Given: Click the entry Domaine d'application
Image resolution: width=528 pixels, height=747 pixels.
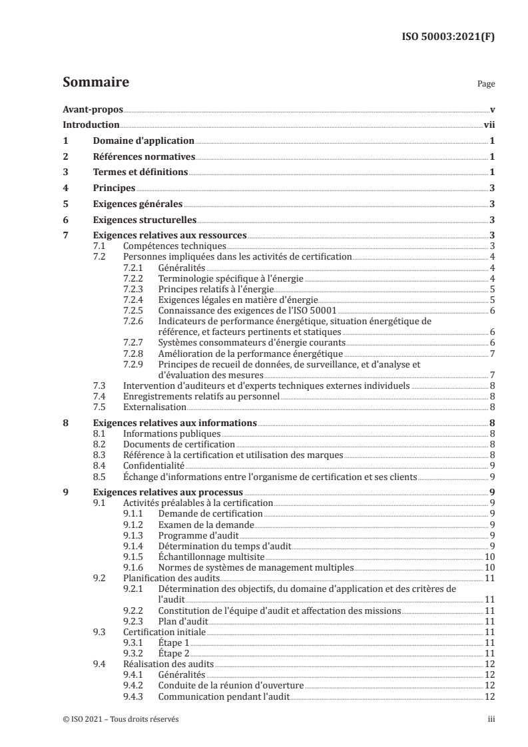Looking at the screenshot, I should pyautogui.click(x=143, y=140).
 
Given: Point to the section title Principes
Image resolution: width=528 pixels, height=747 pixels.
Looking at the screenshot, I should pyautogui.click(x=113, y=188).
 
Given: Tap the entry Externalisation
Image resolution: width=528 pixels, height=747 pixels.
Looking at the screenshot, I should pyautogui.click(x=154, y=407).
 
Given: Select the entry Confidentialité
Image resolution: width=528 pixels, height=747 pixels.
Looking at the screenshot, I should pyautogui.click(x=154, y=465).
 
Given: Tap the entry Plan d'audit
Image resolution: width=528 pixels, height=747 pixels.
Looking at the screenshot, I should pyautogui.click(x=183, y=621).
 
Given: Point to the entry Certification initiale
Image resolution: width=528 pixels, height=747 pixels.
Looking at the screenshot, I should pyautogui.click(x=164, y=631).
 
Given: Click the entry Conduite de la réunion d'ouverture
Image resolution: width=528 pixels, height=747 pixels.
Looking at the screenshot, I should pyautogui.click(x=230, y=685).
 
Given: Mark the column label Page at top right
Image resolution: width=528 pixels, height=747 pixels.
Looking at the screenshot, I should pyautogui.click(x=486, y=85).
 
